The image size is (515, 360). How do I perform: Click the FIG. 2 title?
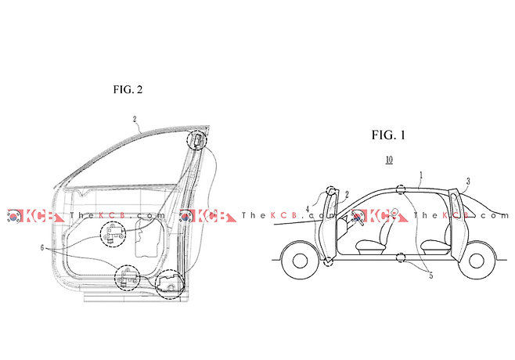tap(128, 89)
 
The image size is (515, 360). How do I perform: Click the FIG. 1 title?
tap(388, 135)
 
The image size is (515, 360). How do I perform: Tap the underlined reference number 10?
tap(389, 160)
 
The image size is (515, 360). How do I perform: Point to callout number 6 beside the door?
tap(42, 247)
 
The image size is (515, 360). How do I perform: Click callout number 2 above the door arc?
tap(135, 119)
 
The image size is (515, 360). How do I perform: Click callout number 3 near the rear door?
tap(468, 181)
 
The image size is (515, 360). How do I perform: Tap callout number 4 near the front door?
tap(308, 209)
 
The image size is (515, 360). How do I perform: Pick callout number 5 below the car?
tap(431, 275)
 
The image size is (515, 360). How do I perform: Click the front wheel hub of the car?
tap(300, 261)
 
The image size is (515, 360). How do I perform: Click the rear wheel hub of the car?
tap(477, 261)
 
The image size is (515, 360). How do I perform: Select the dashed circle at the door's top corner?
tap(196, 140)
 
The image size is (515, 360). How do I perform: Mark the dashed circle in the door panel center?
tap(113, 234)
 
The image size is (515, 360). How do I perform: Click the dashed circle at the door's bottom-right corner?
tap(170, 284)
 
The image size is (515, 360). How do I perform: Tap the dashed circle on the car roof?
tap(401, 189)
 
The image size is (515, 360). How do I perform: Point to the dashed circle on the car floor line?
tap(401, 257)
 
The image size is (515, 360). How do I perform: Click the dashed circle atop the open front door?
tap(331, 190)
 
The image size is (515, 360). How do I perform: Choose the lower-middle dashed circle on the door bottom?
tap(127, 278)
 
